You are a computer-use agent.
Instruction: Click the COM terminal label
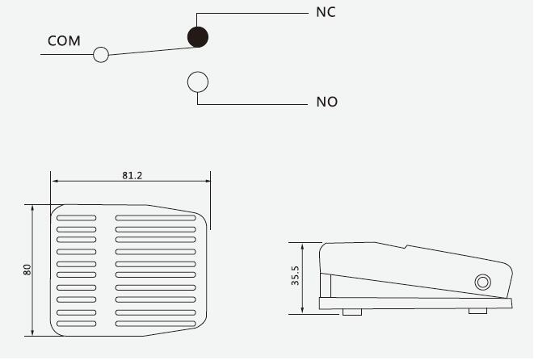coord(64,41)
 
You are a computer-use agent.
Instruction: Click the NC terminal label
coord(326,12)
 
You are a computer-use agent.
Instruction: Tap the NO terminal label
coord(327,102)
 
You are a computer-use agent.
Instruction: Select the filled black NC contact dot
coord(198,37)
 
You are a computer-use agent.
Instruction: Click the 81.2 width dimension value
coord(132,176)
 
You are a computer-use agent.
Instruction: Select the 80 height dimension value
coord(27,270)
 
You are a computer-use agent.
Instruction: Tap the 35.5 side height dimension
coord(295,275)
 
